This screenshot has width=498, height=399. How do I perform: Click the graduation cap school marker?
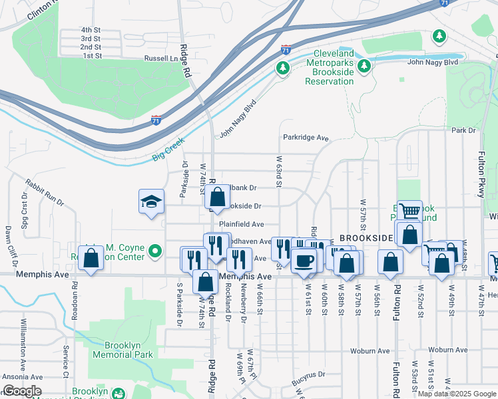151,201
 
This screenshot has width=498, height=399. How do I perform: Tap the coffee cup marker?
304,260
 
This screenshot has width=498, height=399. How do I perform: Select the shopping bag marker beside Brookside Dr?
217,198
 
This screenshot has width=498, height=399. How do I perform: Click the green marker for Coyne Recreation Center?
155,251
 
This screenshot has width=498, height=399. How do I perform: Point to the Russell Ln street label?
162,59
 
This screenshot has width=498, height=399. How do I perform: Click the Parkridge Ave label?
306,138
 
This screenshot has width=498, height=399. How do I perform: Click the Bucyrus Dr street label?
308,374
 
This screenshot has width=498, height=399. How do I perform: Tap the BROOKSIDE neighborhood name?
366,237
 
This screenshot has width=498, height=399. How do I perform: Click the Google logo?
22,390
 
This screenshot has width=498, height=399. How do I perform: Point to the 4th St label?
91,30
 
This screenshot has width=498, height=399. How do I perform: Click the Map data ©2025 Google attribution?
456,394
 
